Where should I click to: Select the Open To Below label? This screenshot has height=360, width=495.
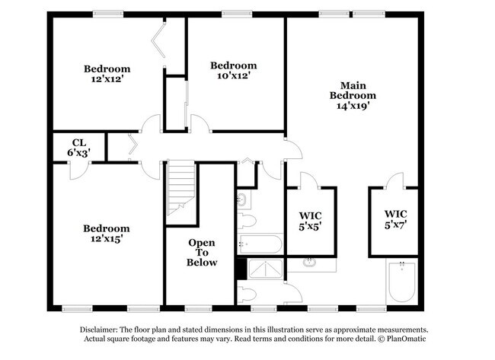tap(202, 253)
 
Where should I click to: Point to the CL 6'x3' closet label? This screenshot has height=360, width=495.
tap(78, 148)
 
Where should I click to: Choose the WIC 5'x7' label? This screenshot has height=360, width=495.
tap(395, 219)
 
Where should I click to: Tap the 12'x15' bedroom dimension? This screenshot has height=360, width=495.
tap(106, 238)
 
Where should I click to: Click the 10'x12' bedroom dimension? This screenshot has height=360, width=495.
tap(233, 75)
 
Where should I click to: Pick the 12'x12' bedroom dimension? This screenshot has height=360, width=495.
tap(107, 79)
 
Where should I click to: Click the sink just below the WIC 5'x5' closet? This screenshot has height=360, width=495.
tap(311, 263)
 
